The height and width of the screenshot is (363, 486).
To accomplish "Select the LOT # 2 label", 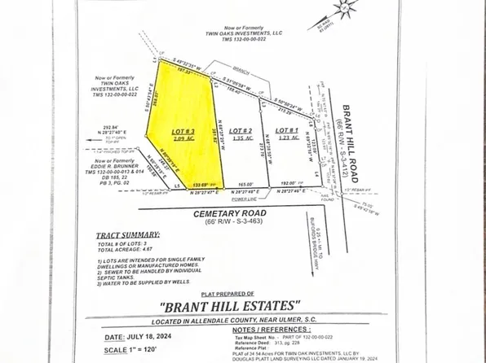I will coord(237,130).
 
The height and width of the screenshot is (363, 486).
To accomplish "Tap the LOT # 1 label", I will coord(286,130).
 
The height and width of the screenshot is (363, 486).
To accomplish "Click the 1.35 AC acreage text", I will coord(237,139).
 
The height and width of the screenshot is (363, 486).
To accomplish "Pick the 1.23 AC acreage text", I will coord(285,139).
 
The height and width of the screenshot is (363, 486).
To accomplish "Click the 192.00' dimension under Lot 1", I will coord(289,186).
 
